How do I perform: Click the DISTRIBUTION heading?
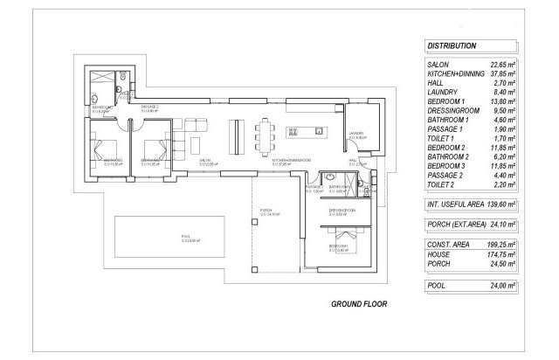452,45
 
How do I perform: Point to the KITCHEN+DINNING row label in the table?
455,74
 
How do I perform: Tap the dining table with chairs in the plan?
265,134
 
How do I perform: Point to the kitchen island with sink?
305,133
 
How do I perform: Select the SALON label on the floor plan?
207,162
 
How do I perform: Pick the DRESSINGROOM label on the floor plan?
342,211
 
